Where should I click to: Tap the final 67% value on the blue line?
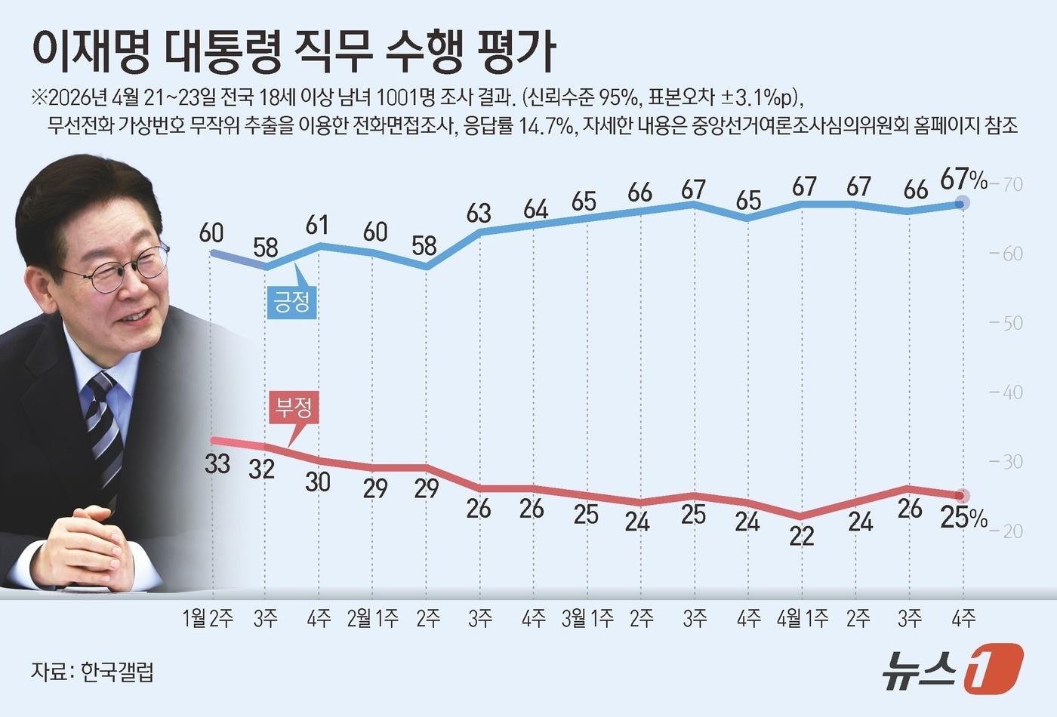(963, 180)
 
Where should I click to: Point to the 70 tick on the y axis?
(1010, 184)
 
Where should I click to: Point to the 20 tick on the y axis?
(1010, 531)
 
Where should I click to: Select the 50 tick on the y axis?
(1010, 323)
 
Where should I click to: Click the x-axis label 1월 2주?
(208, 619)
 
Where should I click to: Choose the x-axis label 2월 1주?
(372, 619)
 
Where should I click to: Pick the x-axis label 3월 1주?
(587, 619)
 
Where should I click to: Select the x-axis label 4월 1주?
(803, 619)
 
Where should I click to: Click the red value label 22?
(802, 536)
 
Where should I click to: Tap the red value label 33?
(217, 463)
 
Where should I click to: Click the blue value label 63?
(479, 214)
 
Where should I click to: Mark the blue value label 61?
(318, 225)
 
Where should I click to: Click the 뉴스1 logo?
(953, 669)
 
